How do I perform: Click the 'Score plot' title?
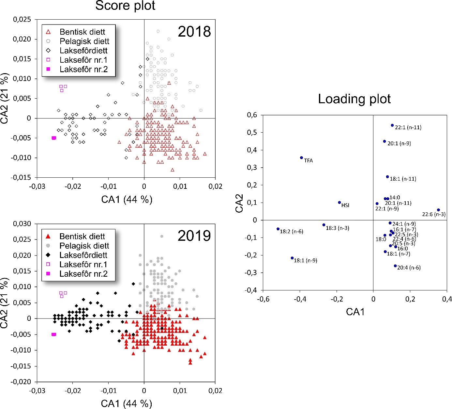tap(125, 6)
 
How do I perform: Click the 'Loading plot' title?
tap(354, 99)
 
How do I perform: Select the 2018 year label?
tap(194, 32)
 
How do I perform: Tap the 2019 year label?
tap(194, 236)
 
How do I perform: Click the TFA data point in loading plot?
tap(301, 158)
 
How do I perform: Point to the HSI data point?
tap(339, 203)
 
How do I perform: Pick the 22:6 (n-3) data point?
tap(438, 210)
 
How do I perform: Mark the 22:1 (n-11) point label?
tap(408, 127)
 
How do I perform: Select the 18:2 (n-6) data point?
tap(278, 229)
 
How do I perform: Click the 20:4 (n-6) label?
tap(409, 268)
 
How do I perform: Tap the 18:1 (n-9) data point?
tap(292, 258)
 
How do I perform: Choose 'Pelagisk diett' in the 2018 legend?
tap(84, 41)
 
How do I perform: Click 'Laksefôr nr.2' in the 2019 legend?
tap(83, 274)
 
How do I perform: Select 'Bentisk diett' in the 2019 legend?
tap(82, 236)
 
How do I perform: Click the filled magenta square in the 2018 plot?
tap(54, 138)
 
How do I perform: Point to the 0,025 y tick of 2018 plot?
tap(22, 19)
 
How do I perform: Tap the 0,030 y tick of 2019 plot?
tap(22, 224)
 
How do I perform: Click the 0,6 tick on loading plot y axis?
tap(252, 115)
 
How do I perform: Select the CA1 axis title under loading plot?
tap(355, 312)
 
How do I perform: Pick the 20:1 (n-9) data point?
tap(384, 141)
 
